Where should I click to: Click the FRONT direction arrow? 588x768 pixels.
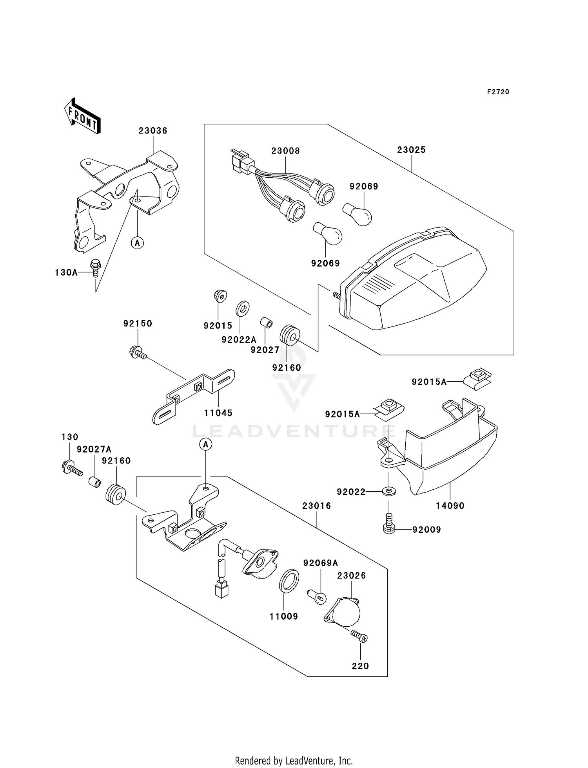point(82,116)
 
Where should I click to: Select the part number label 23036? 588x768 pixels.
point(153,131)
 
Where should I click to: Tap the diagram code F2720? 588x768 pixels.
point(498,92)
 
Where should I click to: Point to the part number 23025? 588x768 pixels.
point(411,150)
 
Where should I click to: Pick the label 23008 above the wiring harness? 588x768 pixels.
point(285,151)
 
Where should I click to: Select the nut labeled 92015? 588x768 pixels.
point(221,296)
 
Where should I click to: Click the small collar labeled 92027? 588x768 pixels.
point(267,323)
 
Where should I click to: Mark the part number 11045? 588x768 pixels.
point(218,413)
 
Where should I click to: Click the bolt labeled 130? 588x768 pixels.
point(71,467)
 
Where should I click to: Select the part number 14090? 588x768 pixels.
point(450,506)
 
